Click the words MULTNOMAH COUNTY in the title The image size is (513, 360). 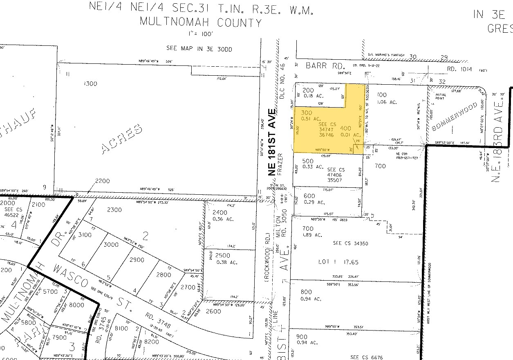coord(200,22)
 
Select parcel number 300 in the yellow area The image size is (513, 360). coord(307,112)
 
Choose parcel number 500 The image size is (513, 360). coord(307,161)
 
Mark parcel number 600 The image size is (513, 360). coord(309,196)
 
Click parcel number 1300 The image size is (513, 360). coord(90,83)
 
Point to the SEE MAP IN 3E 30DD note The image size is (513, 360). coord(199,48)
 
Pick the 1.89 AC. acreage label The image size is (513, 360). coord(313,235)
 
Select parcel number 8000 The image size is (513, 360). coord(76,304)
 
